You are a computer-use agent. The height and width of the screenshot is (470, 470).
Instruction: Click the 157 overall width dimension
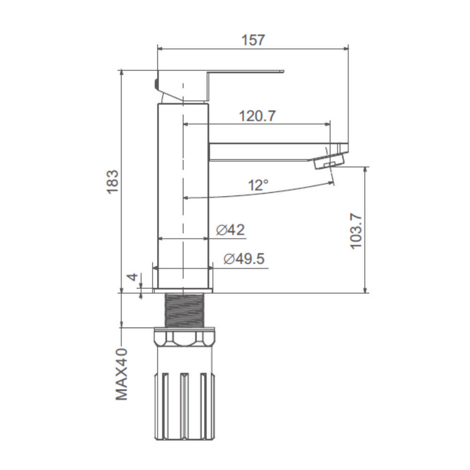(253, 40)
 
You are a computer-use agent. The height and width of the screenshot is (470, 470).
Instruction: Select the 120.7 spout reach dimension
(257, 116)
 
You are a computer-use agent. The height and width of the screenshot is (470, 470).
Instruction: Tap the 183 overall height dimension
(113, 182)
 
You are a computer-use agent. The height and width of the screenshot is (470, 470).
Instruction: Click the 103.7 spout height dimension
(356, 231)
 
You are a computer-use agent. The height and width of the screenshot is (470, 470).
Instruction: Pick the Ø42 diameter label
(230, 230)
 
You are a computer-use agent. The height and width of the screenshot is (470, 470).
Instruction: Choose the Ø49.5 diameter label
(244, 258)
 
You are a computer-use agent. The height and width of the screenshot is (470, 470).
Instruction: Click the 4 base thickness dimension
(133, 277)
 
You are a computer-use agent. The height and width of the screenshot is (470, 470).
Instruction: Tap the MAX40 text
(121, 375)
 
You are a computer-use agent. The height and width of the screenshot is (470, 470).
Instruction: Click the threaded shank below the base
(185, 310)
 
